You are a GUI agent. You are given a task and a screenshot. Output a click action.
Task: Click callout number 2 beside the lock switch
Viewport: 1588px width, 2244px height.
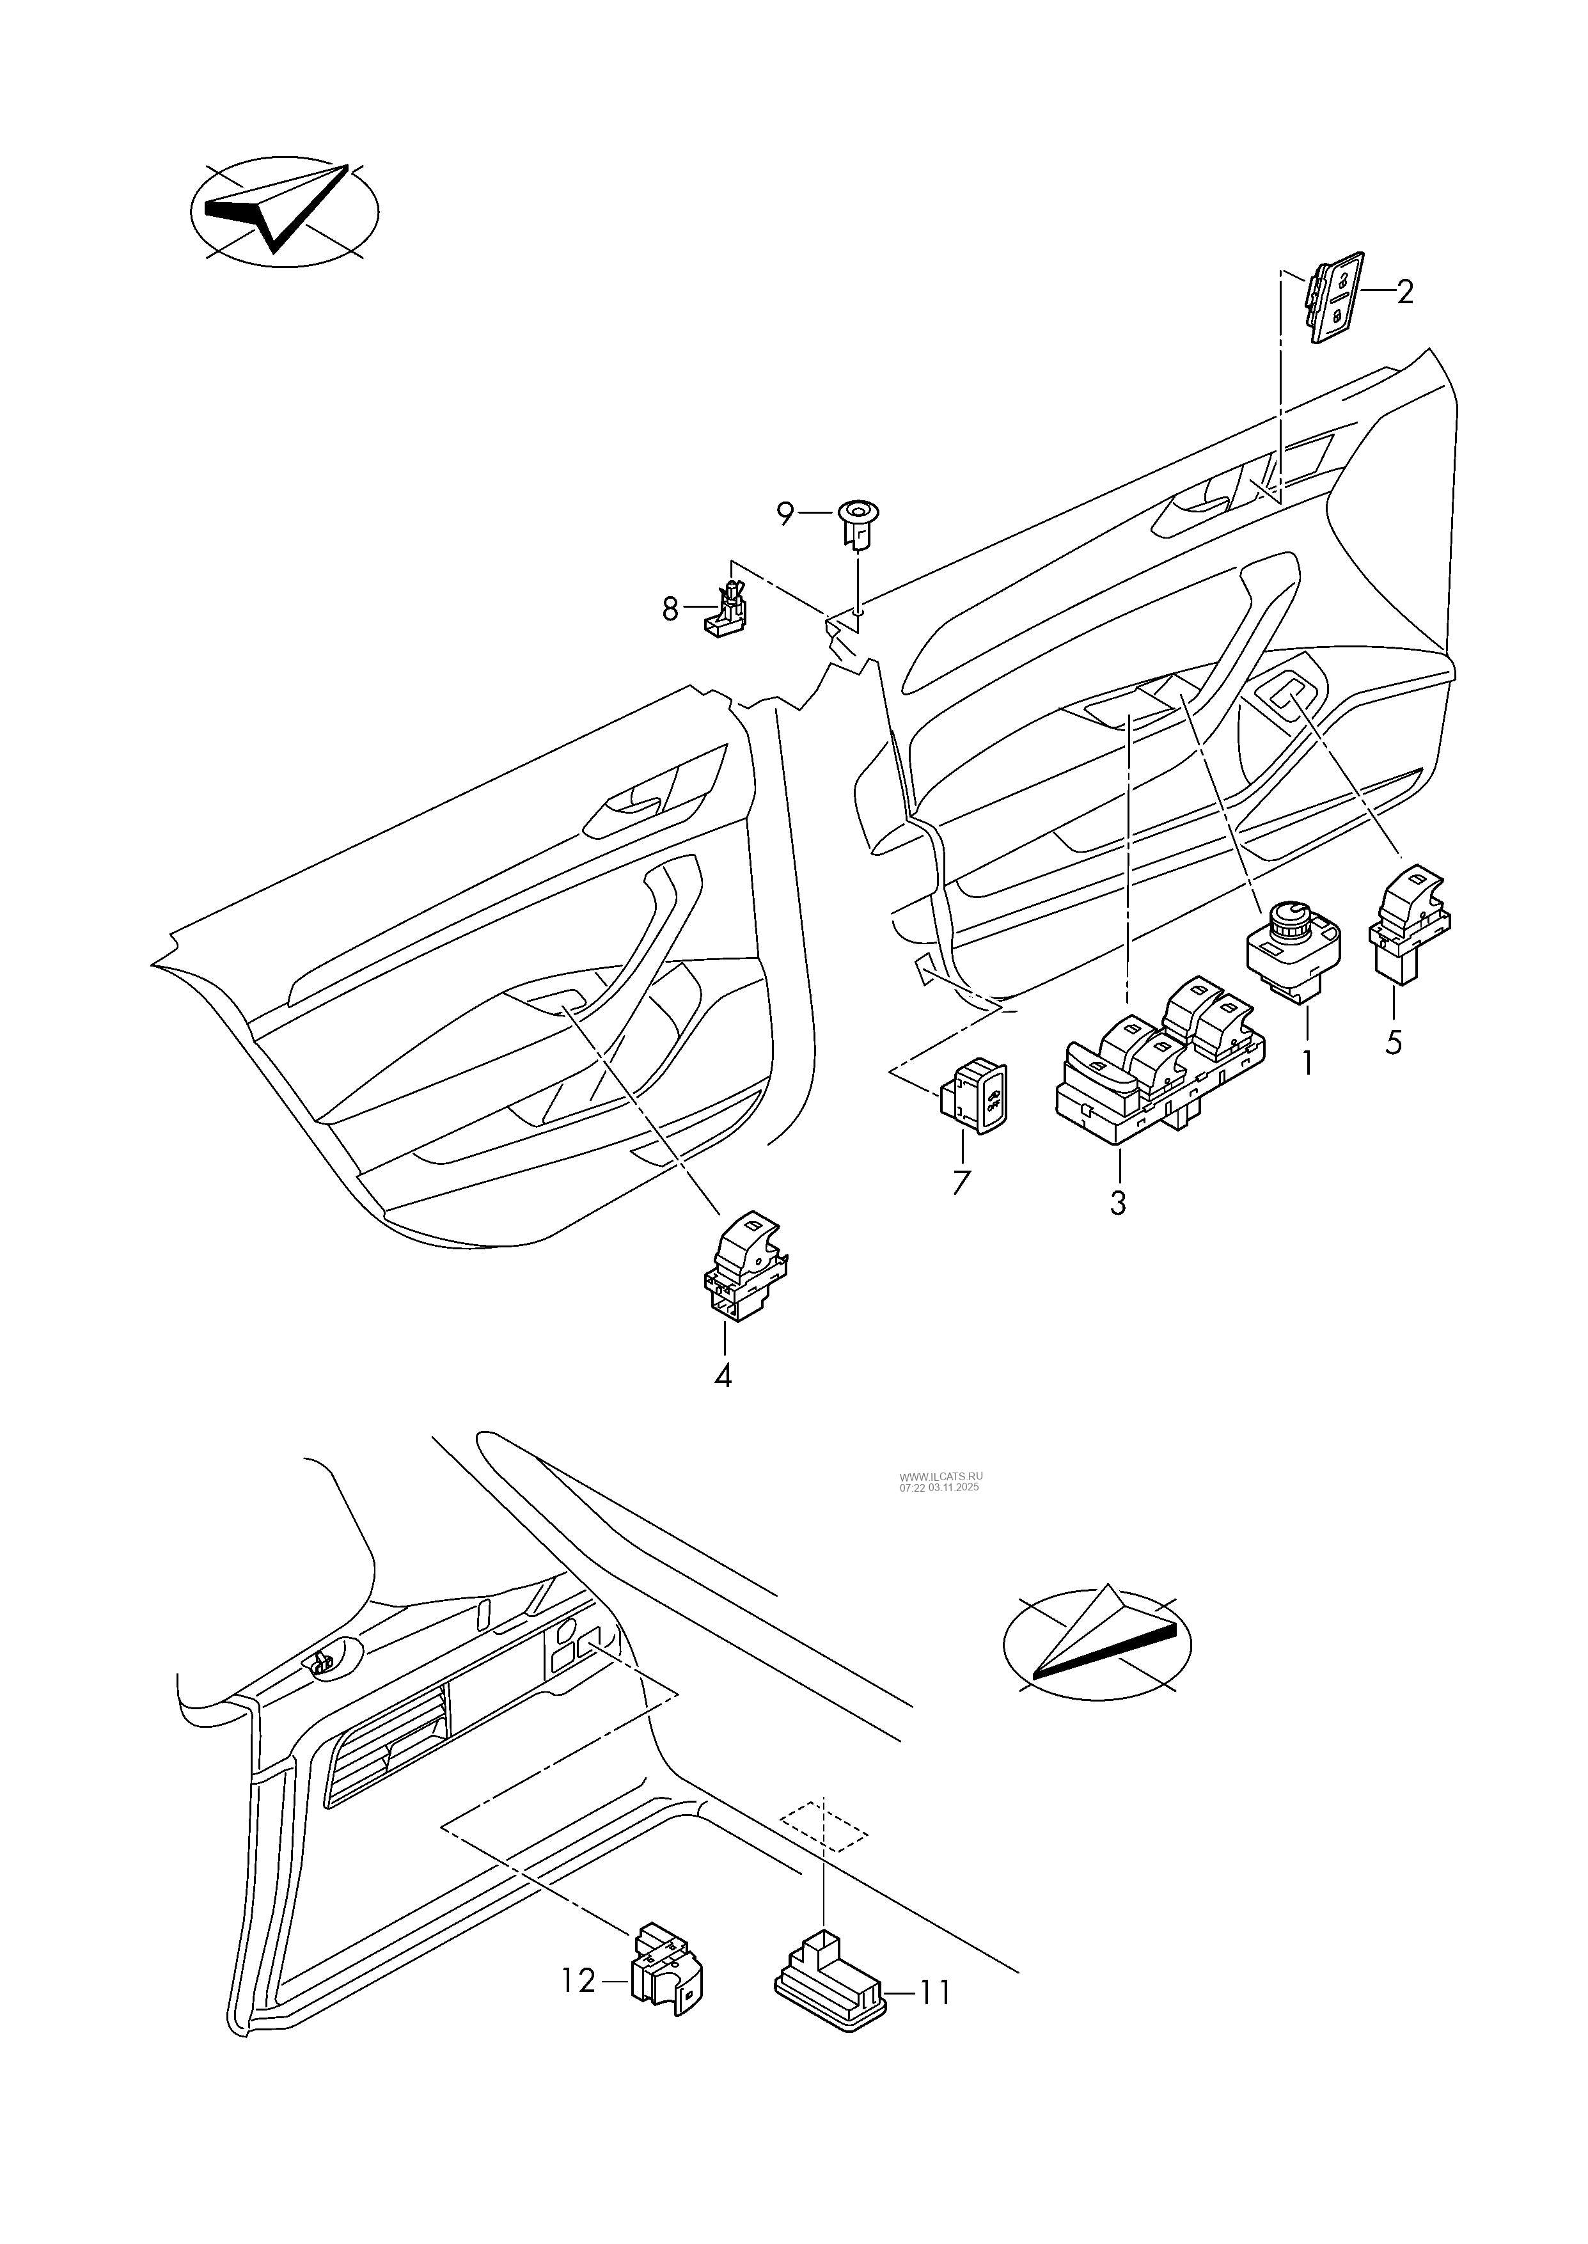pos(1404,292)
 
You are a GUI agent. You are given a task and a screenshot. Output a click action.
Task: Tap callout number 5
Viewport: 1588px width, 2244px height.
pos(1394,1042)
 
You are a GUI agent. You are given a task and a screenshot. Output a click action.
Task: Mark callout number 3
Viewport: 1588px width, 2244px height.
pos(1118,1203)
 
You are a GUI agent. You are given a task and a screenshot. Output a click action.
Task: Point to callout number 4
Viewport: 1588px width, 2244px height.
pos(723,1376)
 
